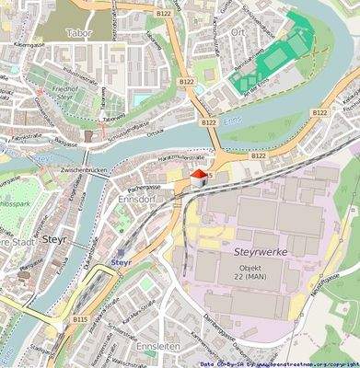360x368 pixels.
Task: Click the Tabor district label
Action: point(80,32)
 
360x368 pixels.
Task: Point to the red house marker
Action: point(197,180)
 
